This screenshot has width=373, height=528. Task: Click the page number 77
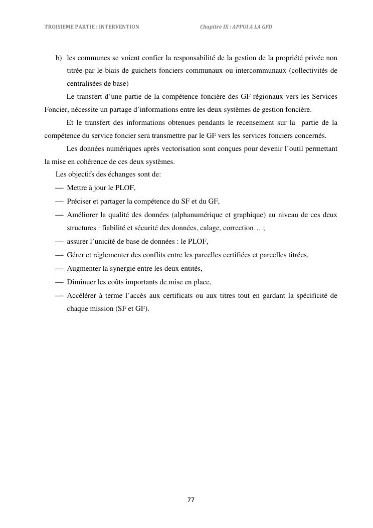(191, 499)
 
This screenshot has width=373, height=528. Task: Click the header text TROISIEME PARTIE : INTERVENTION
(92, 26)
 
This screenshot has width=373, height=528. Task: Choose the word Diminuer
(81, 282)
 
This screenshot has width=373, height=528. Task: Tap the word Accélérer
(82, 295)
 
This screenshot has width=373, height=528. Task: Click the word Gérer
(75, 255)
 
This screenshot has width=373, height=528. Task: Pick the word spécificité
(308, 295)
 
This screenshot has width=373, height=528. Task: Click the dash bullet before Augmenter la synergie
(60, 268)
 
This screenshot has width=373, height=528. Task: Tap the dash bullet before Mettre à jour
(60, 188)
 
